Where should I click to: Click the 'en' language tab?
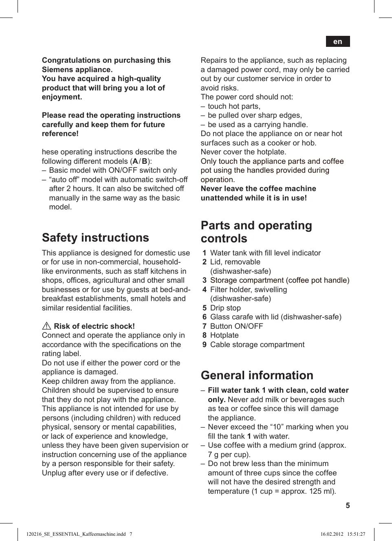click(337, 42)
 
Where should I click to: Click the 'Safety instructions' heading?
click(95, 238)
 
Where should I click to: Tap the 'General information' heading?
click(257, 375)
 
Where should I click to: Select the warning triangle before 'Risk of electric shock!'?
click(46, 326)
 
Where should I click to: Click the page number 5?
click(348, 506)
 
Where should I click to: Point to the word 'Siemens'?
click(57, 70)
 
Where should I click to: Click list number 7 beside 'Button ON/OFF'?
click(205, 326)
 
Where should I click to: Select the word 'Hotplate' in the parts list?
click(225, 335)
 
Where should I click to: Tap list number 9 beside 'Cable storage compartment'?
click(205, 345)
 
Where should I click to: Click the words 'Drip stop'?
click(225, 308)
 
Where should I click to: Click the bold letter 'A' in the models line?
click(135, 161)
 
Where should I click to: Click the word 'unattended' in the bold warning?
click(220, 198)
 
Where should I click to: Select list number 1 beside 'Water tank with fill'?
click(205, 253)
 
